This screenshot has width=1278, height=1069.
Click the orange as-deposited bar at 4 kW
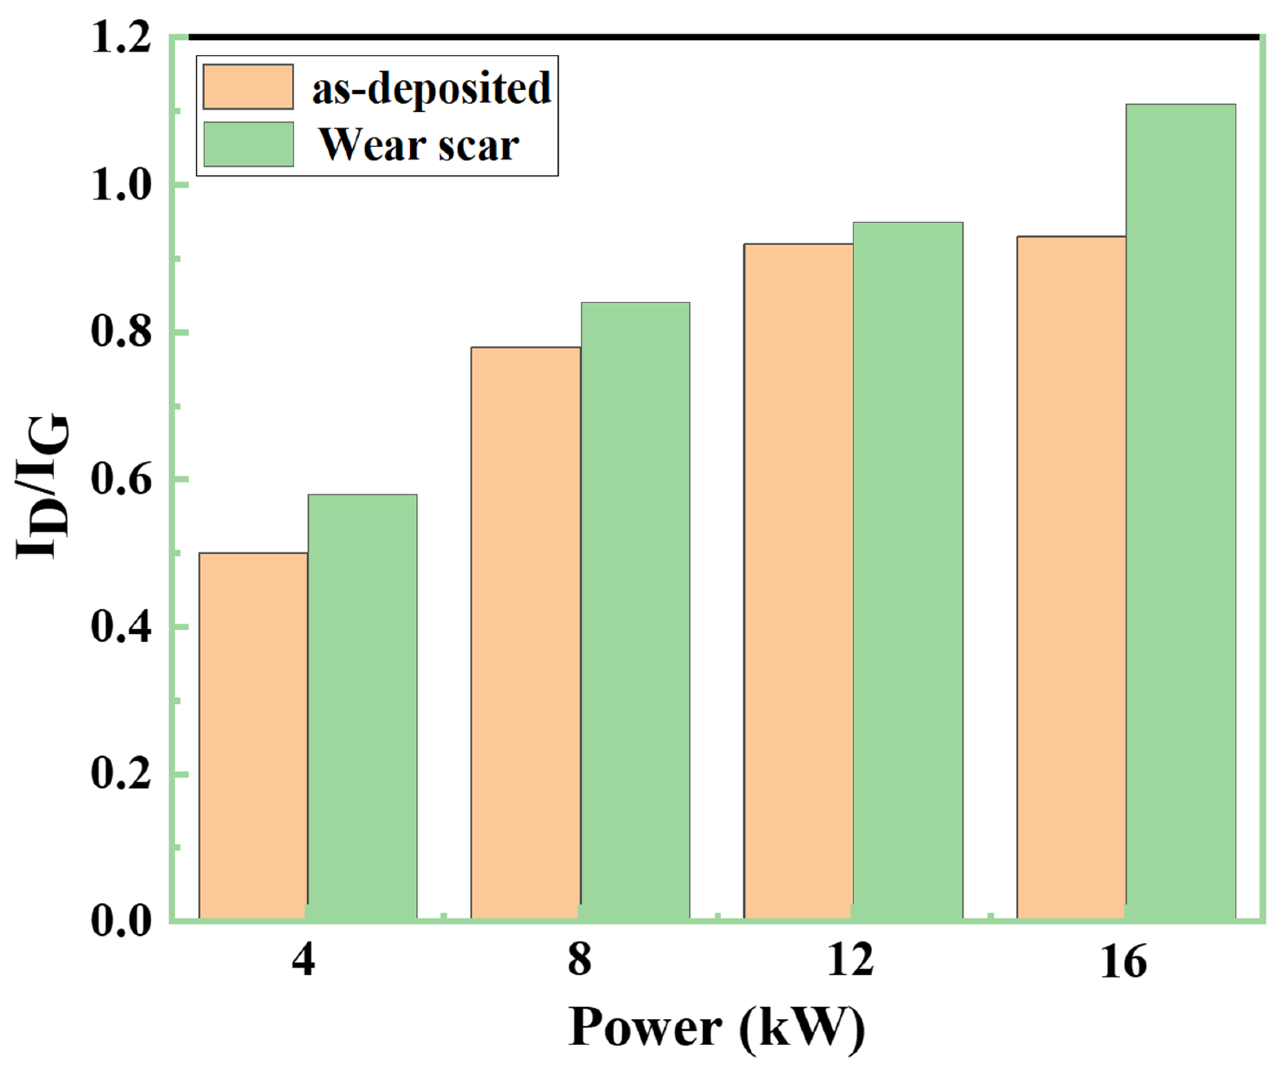[253, 736]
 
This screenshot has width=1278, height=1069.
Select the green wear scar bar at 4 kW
[362, 706]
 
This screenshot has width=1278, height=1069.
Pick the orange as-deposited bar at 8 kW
[526, 633]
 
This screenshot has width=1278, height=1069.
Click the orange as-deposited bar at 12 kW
[798, 581]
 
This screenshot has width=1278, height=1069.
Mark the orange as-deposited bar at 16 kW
[1071, 578]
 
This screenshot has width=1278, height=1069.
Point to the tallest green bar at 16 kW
[1180, 511]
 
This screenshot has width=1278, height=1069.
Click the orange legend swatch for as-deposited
[248, 87]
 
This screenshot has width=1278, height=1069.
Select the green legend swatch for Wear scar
[248, 144]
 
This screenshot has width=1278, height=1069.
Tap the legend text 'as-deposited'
[431, 88]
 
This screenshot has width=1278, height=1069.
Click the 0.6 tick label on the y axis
[120, 480]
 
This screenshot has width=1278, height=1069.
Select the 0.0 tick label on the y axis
[120, 921]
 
